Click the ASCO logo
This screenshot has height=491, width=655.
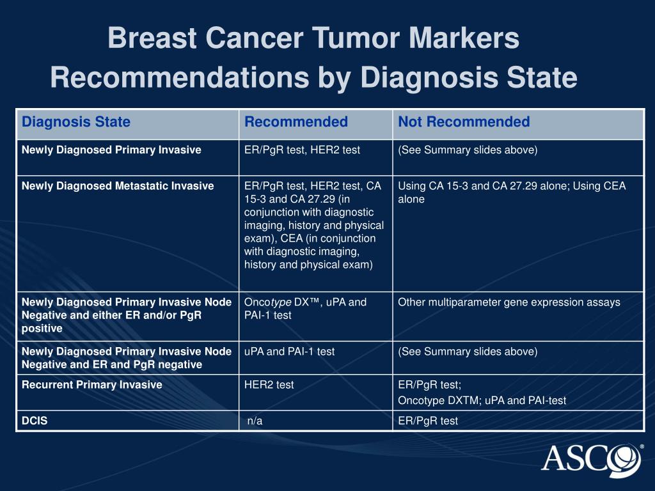[591, 458]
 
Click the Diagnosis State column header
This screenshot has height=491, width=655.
[76, 122]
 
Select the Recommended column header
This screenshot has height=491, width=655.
[296, 122]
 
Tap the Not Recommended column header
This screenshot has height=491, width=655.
[464, 122]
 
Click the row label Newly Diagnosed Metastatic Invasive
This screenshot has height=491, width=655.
[118, 186]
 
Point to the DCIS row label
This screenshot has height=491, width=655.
[35, 421]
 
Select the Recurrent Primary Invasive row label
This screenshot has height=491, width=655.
[91, 385]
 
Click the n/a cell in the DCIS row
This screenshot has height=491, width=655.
[255, 421]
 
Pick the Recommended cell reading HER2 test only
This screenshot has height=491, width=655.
[269, 385]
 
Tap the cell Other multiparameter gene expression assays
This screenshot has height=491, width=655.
[509, 302]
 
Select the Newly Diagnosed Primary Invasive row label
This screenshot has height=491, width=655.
[111, 150]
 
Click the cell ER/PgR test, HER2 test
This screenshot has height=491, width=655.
[302, 150]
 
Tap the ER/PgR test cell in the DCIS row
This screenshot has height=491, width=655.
[428, 421]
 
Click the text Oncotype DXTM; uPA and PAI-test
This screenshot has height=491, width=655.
[482, 401]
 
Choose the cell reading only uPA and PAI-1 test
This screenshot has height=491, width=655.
[289, 352]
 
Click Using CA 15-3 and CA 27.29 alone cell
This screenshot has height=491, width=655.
[512, 192]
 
